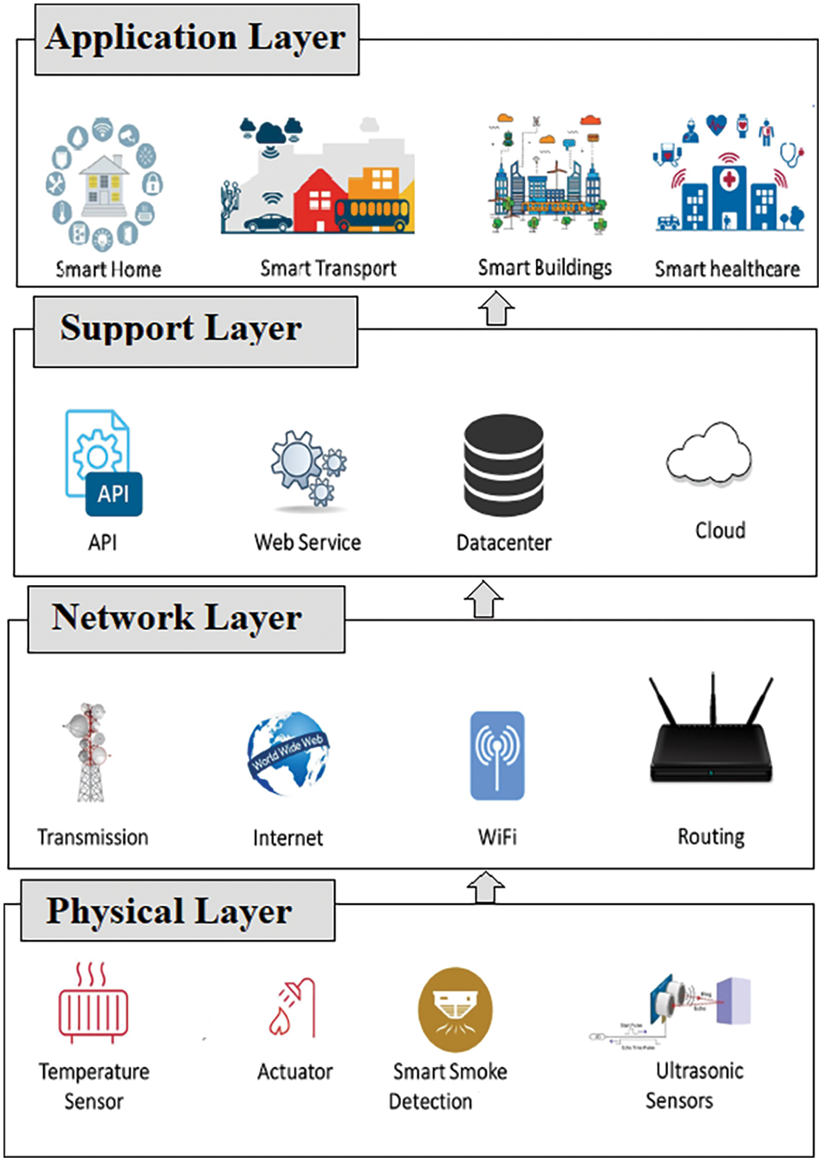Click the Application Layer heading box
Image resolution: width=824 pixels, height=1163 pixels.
[x=197, y=40]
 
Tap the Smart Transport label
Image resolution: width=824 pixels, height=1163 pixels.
[x=328, y=269]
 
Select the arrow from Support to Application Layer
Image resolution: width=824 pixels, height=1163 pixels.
[x=496, y=309]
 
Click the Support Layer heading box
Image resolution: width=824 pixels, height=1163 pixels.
[x=195, y=331]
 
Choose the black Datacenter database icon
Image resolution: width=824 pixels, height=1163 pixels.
[x=503, y=465]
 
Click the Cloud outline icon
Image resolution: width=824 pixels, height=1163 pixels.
[x=709, y=454]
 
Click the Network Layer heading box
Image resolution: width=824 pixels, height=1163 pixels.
[x=186, y=619]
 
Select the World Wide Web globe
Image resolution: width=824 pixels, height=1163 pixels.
[x=287, y=753]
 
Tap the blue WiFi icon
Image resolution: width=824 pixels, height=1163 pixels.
[x=497, y=755]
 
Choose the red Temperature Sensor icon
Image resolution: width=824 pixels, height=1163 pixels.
[x=93, y=1004]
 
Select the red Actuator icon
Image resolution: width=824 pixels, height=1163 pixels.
[x=293, y=1009]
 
